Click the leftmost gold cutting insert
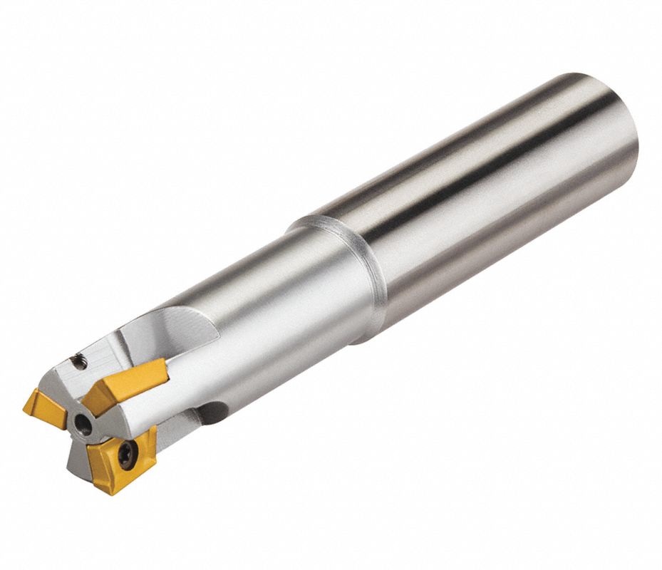coord(44,407)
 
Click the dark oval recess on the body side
coord(212,412)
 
